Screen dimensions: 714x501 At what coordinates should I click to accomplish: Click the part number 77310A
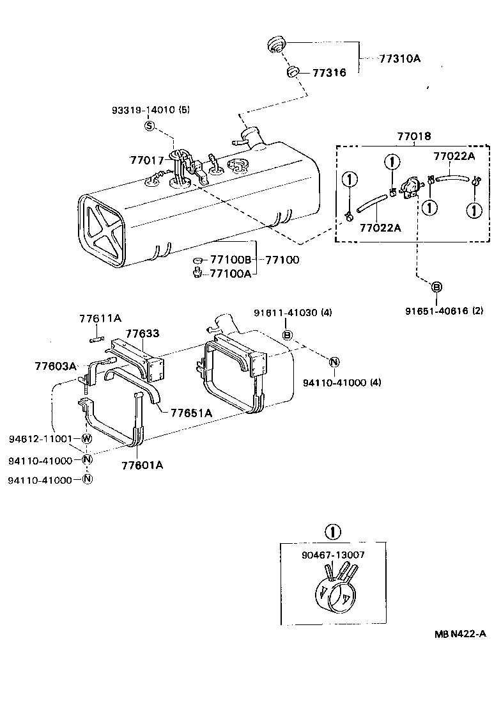(x=401, y=58)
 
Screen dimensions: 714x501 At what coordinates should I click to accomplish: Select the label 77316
(x=329, y=73)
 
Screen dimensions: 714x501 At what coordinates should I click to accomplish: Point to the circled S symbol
(x=150, y=126)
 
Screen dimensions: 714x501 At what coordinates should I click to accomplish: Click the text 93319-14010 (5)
(x=150, y=109)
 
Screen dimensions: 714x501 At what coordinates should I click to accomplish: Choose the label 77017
(x=147, y=160)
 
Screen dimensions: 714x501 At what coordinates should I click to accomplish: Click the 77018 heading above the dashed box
(x=413, y=136)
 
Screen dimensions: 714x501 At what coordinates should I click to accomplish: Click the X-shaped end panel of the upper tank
(x=101, y=231)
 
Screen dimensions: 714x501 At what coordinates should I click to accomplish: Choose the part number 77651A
(x=191, y=413)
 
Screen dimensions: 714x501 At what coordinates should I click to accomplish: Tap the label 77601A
(x=142, y=465)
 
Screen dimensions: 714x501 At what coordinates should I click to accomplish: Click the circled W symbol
(x=88, y=439)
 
